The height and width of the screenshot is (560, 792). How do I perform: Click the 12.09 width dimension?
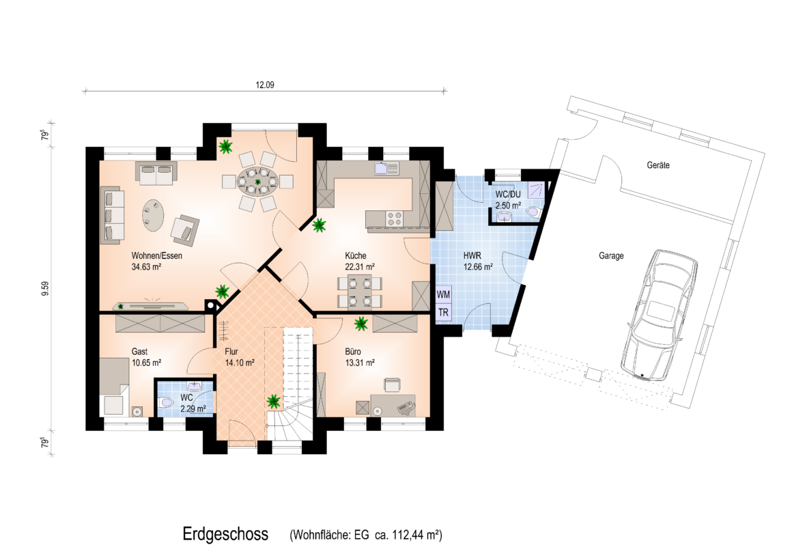coord(265,85)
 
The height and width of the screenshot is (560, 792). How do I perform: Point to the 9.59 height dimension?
coord(45,288)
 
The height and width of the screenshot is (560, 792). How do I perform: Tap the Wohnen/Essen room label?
coord(156,255)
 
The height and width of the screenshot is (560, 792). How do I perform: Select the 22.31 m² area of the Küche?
coord(360,267)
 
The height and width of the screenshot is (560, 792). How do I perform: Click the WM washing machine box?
coord(443,294)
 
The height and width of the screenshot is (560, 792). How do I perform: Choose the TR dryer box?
coord(443,312)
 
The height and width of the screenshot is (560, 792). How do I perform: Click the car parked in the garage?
coord(659,315)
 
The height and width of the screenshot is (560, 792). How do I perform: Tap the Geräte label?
coord(658,165)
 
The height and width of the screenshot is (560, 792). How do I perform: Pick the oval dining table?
coord(257,182)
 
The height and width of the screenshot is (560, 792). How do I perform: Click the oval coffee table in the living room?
coord(152,215)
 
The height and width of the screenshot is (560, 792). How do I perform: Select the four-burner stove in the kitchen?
coord(395,219)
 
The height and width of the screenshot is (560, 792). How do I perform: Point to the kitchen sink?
coord(387,168)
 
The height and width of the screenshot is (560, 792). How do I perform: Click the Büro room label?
coord(353,352)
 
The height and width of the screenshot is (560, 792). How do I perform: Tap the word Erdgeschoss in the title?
coord(225,534)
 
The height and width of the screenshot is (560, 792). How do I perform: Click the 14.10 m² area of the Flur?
coord(240,363)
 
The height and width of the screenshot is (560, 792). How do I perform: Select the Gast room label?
coord(139,352)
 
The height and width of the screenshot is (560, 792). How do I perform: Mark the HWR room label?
coord(472,255)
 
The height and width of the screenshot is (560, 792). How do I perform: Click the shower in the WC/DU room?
coord(537,190)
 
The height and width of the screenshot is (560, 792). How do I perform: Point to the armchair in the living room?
coord(185,229)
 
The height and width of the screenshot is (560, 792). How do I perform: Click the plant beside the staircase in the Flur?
coord(273,402)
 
